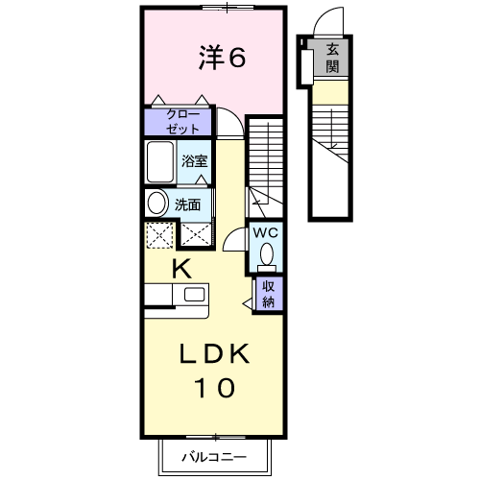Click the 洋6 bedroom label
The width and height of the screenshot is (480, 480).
[x=222, y=58]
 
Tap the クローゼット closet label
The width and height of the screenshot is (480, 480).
[x=182, y=122]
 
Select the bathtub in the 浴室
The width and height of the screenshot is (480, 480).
[x=160, y=161]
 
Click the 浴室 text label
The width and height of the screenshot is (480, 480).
[x=195, y=161]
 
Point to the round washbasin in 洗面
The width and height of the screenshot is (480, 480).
[x=157, y=203]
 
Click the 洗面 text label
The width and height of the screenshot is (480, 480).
[x=187, y=204]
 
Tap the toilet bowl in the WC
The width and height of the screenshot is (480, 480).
[x=267, y=254]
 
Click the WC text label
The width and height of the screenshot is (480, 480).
[x=265, y=233]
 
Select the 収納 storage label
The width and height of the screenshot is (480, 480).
[x=268, y=294]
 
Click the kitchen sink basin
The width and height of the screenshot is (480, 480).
[x=194, y=295]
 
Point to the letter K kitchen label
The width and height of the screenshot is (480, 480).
[x=181, y=269]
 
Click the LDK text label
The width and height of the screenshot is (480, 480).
[x=214, y=353]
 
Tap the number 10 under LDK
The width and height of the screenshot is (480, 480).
[x=214, y=388]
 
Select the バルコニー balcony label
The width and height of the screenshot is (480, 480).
[x=214, y=457]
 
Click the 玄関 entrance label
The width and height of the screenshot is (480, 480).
[x=332, y=58]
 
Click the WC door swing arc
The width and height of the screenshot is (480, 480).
[x=231, y=232]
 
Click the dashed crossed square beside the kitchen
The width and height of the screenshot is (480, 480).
[x=159, y=235]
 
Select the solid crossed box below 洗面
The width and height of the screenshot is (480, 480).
[x=196, y=234]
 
